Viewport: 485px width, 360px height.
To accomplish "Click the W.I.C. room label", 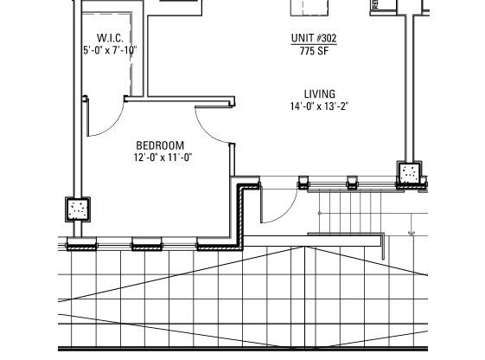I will (x=110, y=38).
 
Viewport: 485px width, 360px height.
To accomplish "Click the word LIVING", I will (x=319, y=94).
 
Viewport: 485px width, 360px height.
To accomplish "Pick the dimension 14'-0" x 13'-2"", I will (x=319, y=106).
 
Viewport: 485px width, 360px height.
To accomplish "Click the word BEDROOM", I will (x=161, y=145).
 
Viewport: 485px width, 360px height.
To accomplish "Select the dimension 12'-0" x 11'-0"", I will (x=162, y=157).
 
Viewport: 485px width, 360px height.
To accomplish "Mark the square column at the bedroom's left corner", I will (x=79, y=209).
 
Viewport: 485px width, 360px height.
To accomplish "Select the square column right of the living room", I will (x=410, y=173).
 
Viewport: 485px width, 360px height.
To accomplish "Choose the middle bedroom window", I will (x=147, y=246).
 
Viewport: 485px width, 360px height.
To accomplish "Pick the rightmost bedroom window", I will (x=214, y=246).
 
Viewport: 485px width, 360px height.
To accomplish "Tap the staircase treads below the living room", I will (x=350, y=212).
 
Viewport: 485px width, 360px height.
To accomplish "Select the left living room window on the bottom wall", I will (x=303, y=183).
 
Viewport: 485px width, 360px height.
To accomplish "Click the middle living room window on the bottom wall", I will (x=352, y=183).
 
